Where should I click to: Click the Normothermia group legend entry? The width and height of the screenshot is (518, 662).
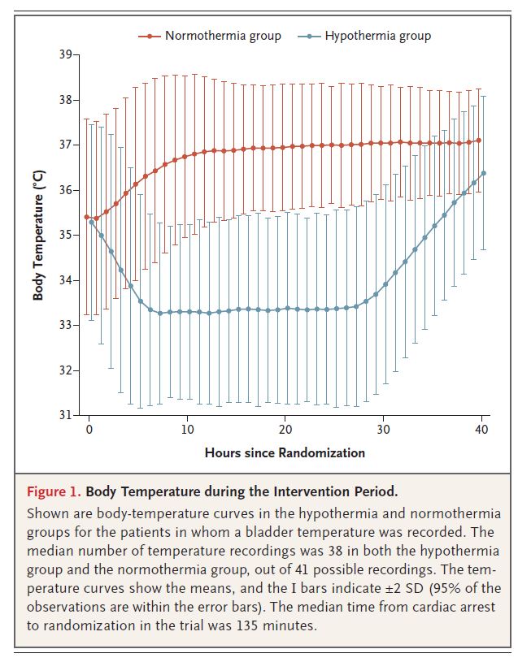point(222,36)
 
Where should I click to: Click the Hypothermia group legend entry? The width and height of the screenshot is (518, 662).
point(377,36)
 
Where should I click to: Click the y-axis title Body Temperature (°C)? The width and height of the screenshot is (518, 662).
point(38,235)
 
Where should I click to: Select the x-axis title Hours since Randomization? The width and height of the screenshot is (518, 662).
point(285,452)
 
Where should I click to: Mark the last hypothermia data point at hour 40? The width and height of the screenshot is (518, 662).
point(484,173)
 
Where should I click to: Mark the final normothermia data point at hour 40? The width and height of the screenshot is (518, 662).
point(479,141)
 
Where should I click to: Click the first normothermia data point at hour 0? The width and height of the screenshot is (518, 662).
point(87,217)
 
